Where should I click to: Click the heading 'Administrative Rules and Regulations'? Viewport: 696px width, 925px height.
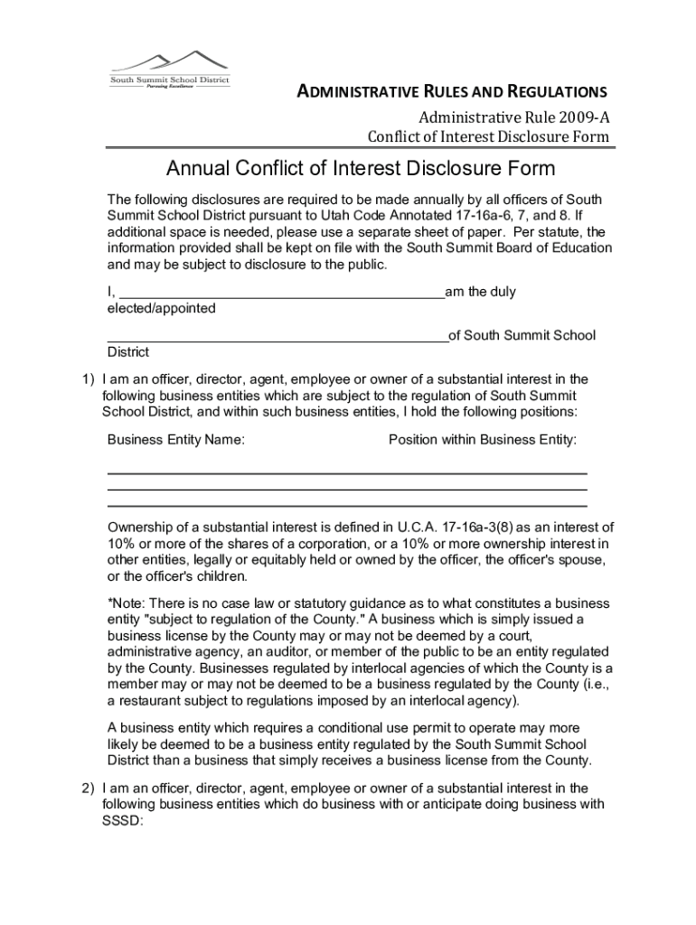tap(453, 91)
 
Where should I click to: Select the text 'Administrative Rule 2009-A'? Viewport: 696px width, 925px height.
tap(513, 117)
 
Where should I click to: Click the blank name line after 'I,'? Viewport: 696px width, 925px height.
tap(281, 293)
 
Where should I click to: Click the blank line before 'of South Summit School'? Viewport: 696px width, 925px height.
tap(277, 336)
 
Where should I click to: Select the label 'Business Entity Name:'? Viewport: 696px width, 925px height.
tap(176, 440)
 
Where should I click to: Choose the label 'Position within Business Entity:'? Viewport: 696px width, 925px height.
tap(483, 440)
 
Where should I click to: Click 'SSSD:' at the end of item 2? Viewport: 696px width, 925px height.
tap(123, 821)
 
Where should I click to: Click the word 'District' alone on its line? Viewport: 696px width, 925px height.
tap(128, 352)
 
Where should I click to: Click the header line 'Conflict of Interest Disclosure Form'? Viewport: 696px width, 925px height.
tap(488, 137)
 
